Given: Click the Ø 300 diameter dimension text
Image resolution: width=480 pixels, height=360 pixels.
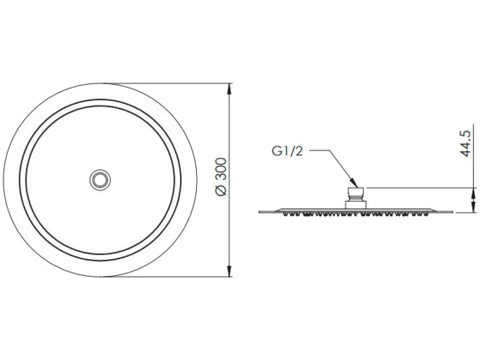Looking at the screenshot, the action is point(221,177).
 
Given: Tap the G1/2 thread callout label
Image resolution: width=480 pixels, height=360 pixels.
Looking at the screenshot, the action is point(287,151).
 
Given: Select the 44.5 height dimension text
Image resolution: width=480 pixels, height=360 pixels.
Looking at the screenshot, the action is point(465,143).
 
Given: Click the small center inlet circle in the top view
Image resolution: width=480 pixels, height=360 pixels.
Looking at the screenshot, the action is point(100,180).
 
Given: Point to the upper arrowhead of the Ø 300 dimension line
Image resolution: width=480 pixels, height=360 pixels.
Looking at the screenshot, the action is point(229,89).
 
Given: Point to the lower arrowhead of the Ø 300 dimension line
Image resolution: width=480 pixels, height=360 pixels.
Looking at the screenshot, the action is point(229,271).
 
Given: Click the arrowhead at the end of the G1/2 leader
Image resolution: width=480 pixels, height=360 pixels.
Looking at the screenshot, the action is point(354,182).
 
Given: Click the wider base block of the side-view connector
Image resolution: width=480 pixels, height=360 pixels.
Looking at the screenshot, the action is point(356,205).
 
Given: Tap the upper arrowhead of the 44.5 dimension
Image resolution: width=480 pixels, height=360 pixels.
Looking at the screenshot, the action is point(473,194).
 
